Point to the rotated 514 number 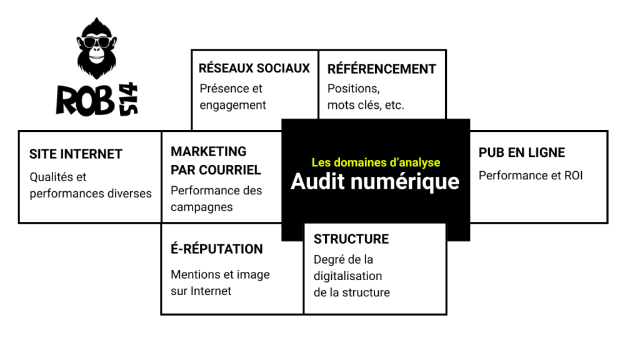pos(130,99)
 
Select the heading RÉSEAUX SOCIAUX pos(254,68)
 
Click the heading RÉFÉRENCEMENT pos(382,69)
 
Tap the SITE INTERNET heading pos(76,154)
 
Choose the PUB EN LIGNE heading pos(521,152)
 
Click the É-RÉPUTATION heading pos(216,249)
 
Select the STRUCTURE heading pos(351,239)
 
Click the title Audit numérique pos(375,181)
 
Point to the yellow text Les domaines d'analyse pos(376,162)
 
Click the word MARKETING pos(209,151)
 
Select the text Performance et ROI pos(530,176)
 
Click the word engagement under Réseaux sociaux pos(232,105)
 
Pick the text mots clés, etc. pos(366,105)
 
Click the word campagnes pos(201,207)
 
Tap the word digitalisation pos(347,276)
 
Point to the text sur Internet pos(201,291)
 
